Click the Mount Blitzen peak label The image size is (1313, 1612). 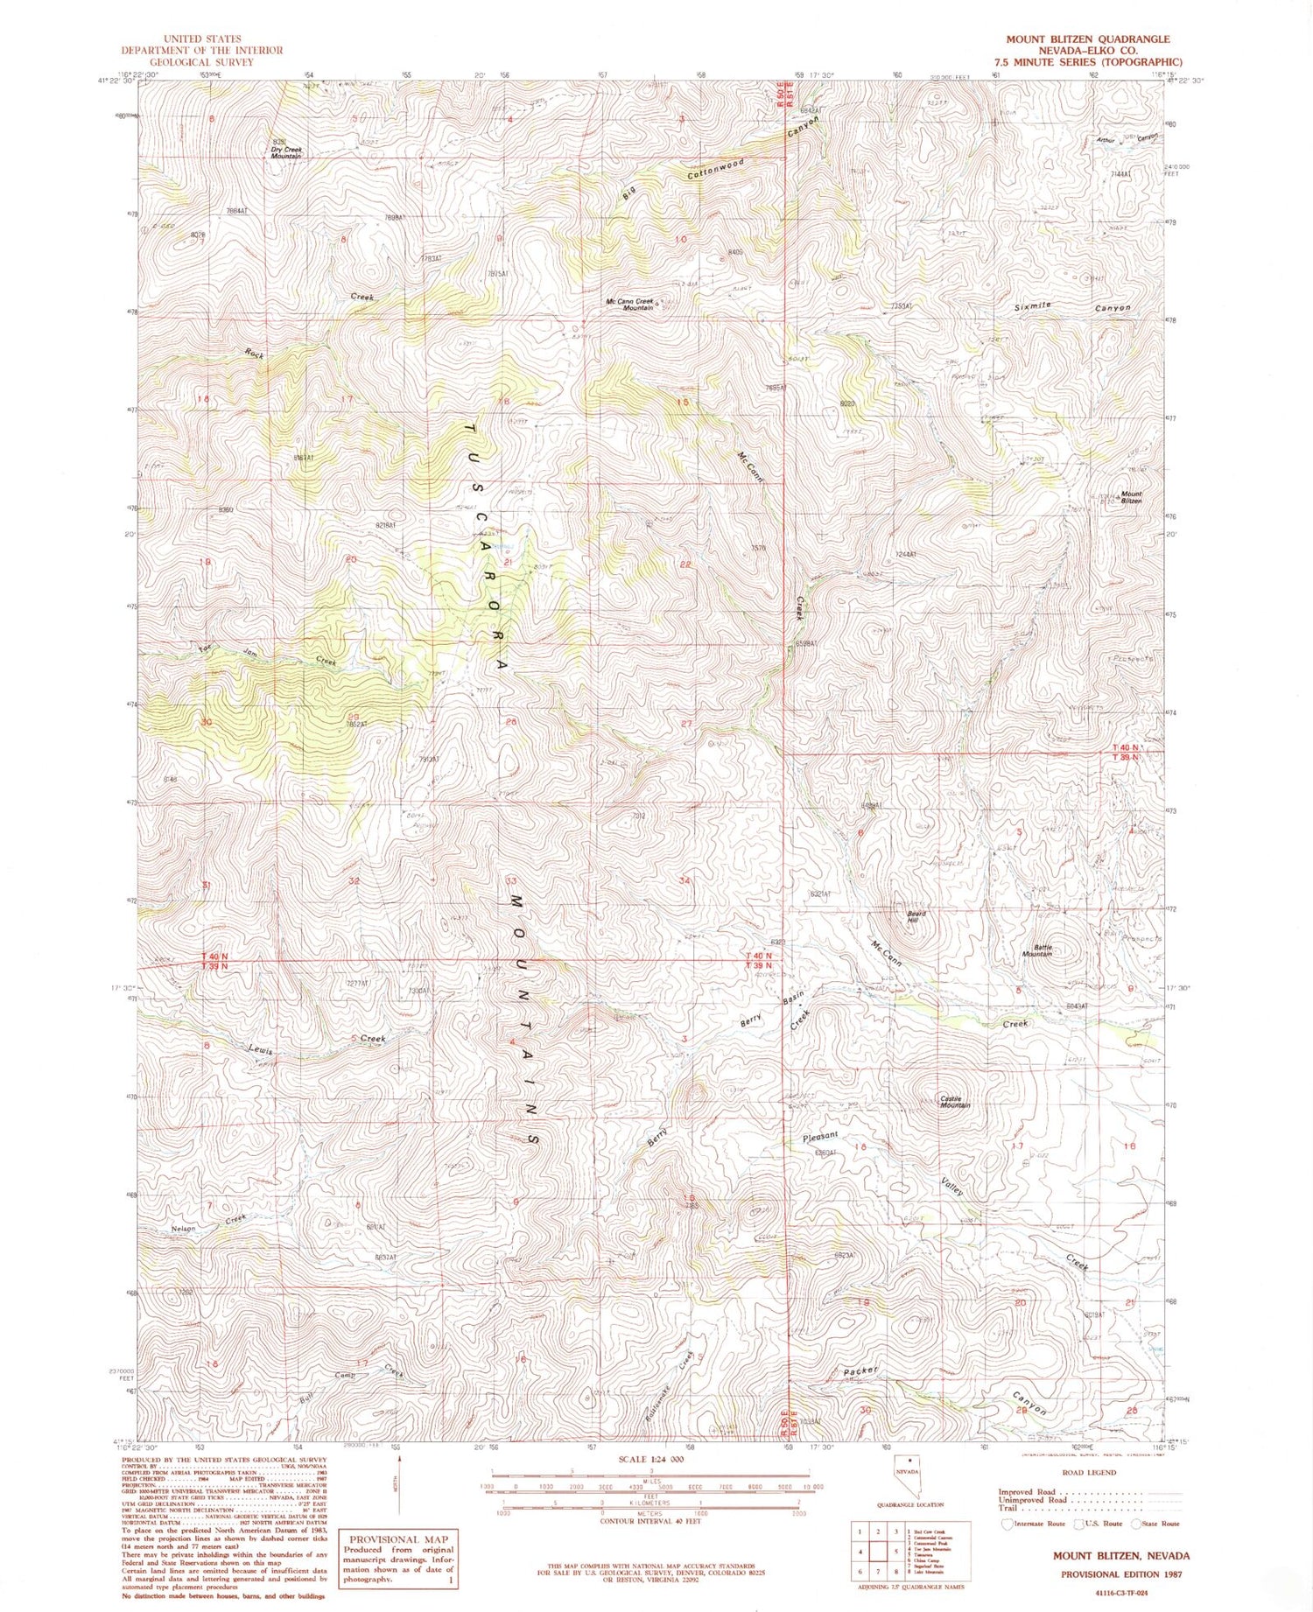click(1130, 497)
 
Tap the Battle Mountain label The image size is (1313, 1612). click(1037, 950)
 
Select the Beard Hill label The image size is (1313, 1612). click(916, 916)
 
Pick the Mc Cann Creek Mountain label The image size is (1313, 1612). click(629, 305)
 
